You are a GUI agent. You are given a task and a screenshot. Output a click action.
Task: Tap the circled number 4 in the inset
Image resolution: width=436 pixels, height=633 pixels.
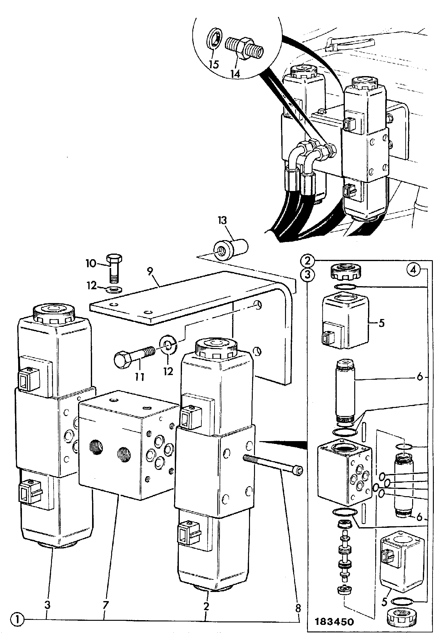pyautogui.click(x=413, y=270)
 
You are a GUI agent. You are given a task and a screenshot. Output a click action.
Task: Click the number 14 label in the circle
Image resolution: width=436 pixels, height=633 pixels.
pyautogui.click(x=235, y=74)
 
